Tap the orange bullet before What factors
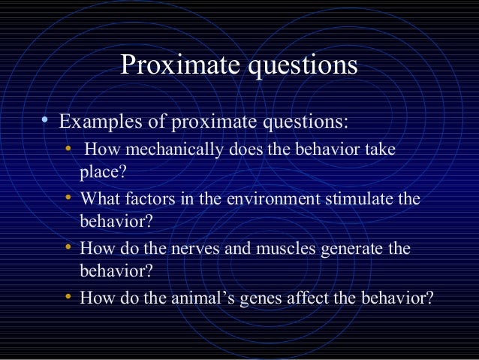pyautogui.click(x=68, y=198)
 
